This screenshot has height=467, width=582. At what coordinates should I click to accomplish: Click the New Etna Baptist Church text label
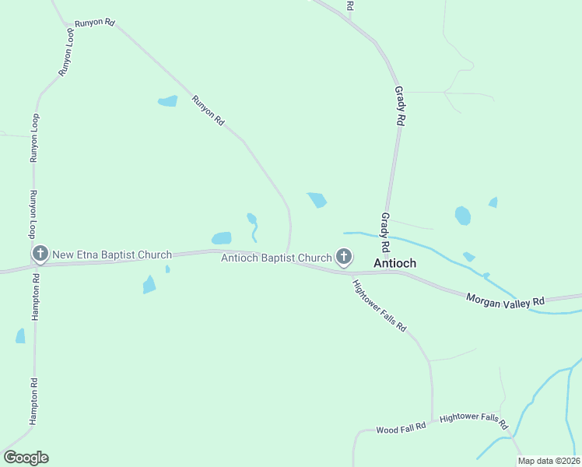pos(112,255)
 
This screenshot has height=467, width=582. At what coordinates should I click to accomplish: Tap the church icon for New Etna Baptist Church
pos(40,255)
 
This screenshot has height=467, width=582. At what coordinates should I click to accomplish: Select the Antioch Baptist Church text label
pos(276,258)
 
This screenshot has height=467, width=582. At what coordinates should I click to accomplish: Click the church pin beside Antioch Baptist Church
pos(344,257)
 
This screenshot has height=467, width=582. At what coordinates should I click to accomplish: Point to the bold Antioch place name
pos(395,263)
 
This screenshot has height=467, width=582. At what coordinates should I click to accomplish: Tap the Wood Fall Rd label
pos(401,428)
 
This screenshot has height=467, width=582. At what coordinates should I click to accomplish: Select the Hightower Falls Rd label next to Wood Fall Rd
pos(473,421)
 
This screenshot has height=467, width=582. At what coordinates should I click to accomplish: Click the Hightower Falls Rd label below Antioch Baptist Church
pos(380,306)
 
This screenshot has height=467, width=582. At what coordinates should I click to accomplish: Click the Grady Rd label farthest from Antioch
pos(400,107)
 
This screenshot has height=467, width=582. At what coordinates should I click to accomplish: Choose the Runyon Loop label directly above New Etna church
pos(33,215)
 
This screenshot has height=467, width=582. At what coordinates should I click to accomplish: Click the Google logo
pos(26,458)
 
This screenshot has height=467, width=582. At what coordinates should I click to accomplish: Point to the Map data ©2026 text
pos(549,461)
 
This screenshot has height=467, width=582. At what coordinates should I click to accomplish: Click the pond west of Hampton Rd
pos(20,336)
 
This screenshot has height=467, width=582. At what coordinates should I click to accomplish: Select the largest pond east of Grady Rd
pos(463,216)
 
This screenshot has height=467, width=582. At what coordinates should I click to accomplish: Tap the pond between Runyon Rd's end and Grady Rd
pos(317,200)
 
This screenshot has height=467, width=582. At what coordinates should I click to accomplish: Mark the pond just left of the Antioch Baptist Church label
pos(222,238)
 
